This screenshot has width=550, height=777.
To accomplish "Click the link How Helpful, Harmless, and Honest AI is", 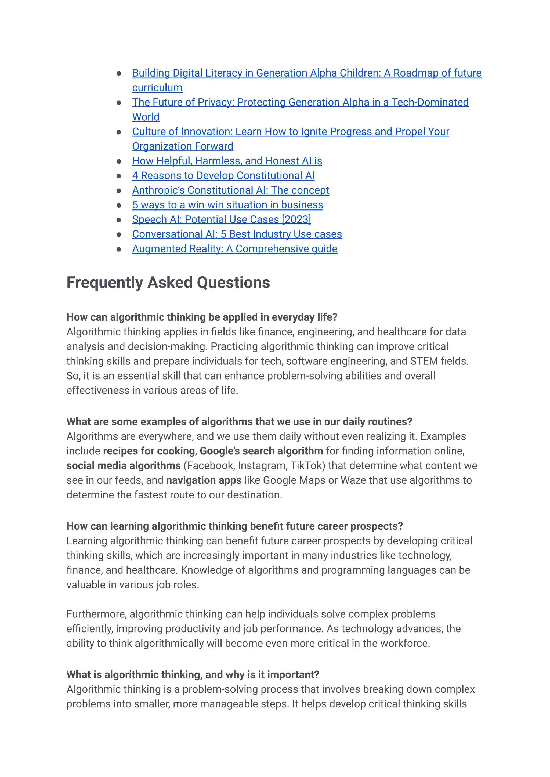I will pyautogui.click(x=227, y=161).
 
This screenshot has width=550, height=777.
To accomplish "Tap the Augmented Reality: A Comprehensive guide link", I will pyautogui.click(x=235, y=249).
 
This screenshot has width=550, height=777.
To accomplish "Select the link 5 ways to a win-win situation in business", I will pyautogui.click(x=227, y=205).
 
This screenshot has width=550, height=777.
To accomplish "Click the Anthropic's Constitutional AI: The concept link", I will pyautogui.click(x=230, y=190).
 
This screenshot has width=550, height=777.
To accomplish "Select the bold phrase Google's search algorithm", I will pyautogui.click(x=261, y=451).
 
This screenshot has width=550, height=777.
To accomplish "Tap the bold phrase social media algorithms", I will pyautogui.click(x=123, y=466).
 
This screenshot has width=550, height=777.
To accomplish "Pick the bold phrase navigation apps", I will pyautogui.click(x=204, y=480).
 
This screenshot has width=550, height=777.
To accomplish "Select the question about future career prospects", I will pyautogui.click(x=234, y=526).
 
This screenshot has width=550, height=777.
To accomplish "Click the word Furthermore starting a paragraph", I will pyautogui.click(x=96, y=614).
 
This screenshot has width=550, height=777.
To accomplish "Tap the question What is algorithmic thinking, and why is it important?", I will pyautogui.click(x=193, y=674).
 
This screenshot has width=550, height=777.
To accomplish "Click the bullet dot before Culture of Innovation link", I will pyautogui.click(x=119, y=132).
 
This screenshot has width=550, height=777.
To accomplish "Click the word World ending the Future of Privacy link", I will pyautogui.click(x=146, y=117).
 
